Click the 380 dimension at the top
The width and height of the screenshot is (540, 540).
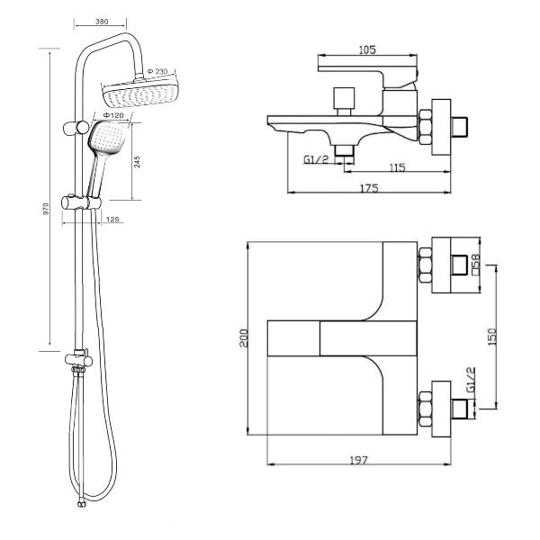tap(102, 22)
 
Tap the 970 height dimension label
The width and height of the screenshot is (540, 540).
tap(46, 209)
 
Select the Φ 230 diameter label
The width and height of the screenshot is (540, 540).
tap(157, 72)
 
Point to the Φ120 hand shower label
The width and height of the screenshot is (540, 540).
tap(113, 115)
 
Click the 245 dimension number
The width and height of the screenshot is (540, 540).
tap(137, 161)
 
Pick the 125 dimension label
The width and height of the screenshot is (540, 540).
tap(112, 220)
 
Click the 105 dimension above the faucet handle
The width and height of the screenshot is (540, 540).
tap(367, 49)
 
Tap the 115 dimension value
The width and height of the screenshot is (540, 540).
tap(398, 167)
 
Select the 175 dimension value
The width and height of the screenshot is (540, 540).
tap(369, 188)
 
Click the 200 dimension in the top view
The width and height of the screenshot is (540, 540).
tap(244, 337)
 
